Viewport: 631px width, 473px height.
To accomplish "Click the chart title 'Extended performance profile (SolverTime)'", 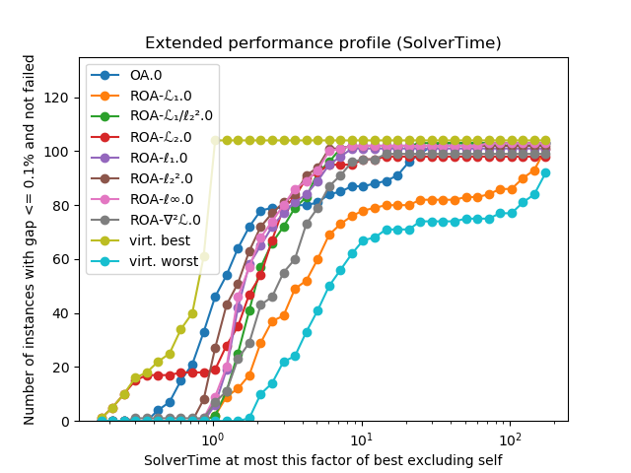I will (x=322, y=43).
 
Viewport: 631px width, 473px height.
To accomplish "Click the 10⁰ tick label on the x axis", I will (x=211, y=439).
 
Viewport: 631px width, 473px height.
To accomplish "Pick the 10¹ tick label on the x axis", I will (x=361, y=439).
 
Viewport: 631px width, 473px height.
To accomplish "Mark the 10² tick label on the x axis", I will (x=510, y=439).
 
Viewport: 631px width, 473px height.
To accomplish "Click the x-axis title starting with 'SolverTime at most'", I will (x=322, y=460).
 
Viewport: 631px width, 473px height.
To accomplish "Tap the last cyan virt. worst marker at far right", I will (x=545, y=172).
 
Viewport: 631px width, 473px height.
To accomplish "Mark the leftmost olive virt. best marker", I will (x=102, y=418).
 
